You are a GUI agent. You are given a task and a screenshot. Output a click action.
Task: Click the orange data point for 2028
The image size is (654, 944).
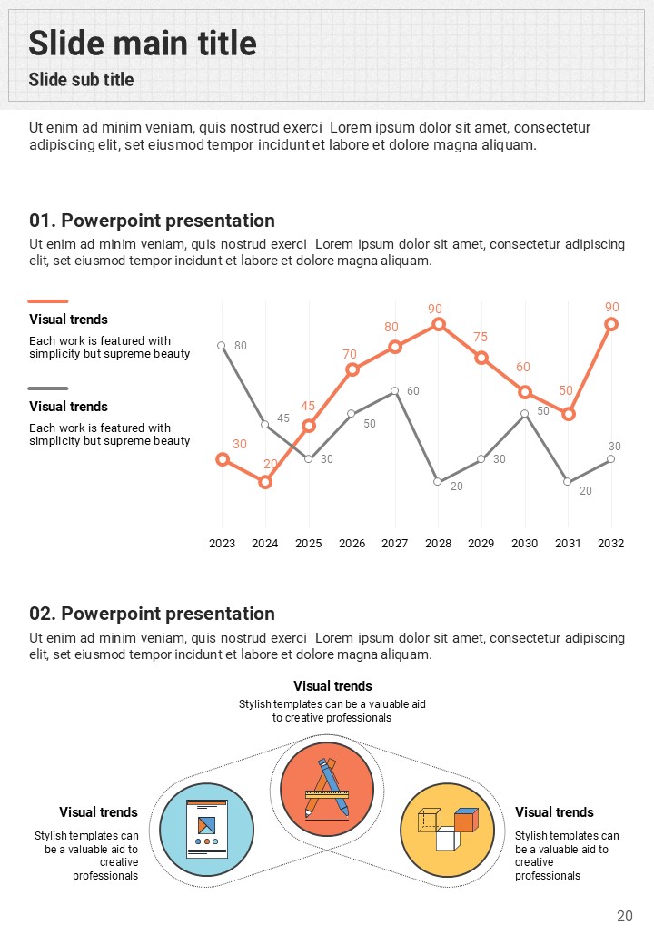pyautogui.click(x=438, y=324)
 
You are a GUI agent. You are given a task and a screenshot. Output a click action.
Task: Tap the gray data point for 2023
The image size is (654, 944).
pyautogui.click(x=222, y=345)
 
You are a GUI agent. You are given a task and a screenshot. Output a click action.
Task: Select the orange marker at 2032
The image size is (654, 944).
pyautogui.click(x=611, y=324)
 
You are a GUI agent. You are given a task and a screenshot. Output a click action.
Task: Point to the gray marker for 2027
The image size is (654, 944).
pyautogui.click(x=395, y=391)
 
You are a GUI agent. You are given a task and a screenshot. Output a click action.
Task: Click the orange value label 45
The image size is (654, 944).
pyautogui.click(x=308, y=407)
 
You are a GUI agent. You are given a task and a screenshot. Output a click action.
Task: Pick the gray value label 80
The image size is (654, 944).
pyautogui.click(x=241, y=346)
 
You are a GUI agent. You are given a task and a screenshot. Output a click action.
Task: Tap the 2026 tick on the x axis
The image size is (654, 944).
pyautogui.click(x=352, y=543)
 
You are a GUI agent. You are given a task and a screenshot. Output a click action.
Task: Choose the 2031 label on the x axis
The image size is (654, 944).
pyautogui.click(x=568, y=543)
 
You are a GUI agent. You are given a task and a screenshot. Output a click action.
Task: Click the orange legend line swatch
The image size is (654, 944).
pyautogui.click(x=48, y=301)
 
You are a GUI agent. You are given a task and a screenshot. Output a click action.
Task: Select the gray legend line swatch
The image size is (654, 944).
pyautogui.click(x=48, y=388)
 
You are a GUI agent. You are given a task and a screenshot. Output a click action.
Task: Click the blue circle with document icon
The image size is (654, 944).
pyautogui.click(x=206, y=830)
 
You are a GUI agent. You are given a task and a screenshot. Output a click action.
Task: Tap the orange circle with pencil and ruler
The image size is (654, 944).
pyautogui.click(x=327, y=788)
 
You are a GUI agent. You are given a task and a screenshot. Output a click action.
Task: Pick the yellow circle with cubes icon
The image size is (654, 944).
pyautogui.click(x=447, y=830)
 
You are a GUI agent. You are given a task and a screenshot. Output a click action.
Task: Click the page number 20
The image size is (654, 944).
pyautogui.click(x=624, y=916)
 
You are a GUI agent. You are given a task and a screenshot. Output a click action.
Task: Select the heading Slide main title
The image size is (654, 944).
pyautogui.click(x=143, y=43)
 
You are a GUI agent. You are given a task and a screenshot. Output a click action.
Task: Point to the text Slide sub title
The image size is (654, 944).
pyautogui.click(x=81, y=80)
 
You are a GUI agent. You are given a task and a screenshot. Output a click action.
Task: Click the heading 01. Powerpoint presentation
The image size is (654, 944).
pyautogui.click(x=152, y=221)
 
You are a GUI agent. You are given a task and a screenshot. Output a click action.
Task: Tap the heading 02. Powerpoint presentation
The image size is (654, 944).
pyautogui.click(x=152, y=614)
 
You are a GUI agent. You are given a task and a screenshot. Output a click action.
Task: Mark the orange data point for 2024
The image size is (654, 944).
pyautogui.click(x=265, y=482)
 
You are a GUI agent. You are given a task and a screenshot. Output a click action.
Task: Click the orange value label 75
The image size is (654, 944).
pyautogui.click(x=481, y=338)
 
